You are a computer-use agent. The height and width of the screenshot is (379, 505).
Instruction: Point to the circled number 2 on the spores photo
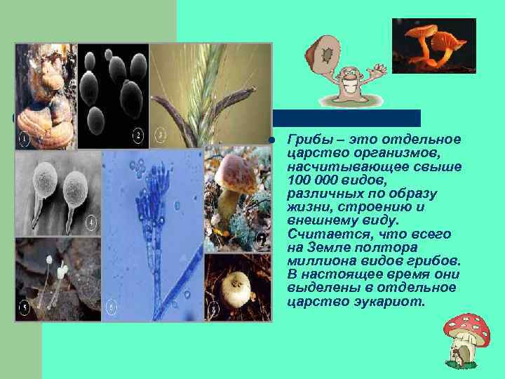[x=138, y=135]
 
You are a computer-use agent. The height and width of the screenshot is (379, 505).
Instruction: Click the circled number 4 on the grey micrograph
[x=91, y=223]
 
